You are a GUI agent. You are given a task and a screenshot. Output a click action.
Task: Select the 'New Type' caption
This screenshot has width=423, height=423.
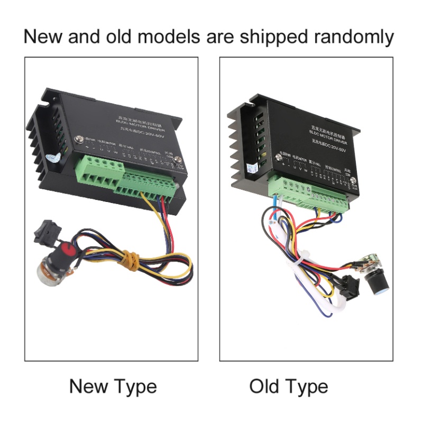[113, 387]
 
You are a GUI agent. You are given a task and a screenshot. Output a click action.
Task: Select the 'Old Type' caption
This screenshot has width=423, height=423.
[289, 387]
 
